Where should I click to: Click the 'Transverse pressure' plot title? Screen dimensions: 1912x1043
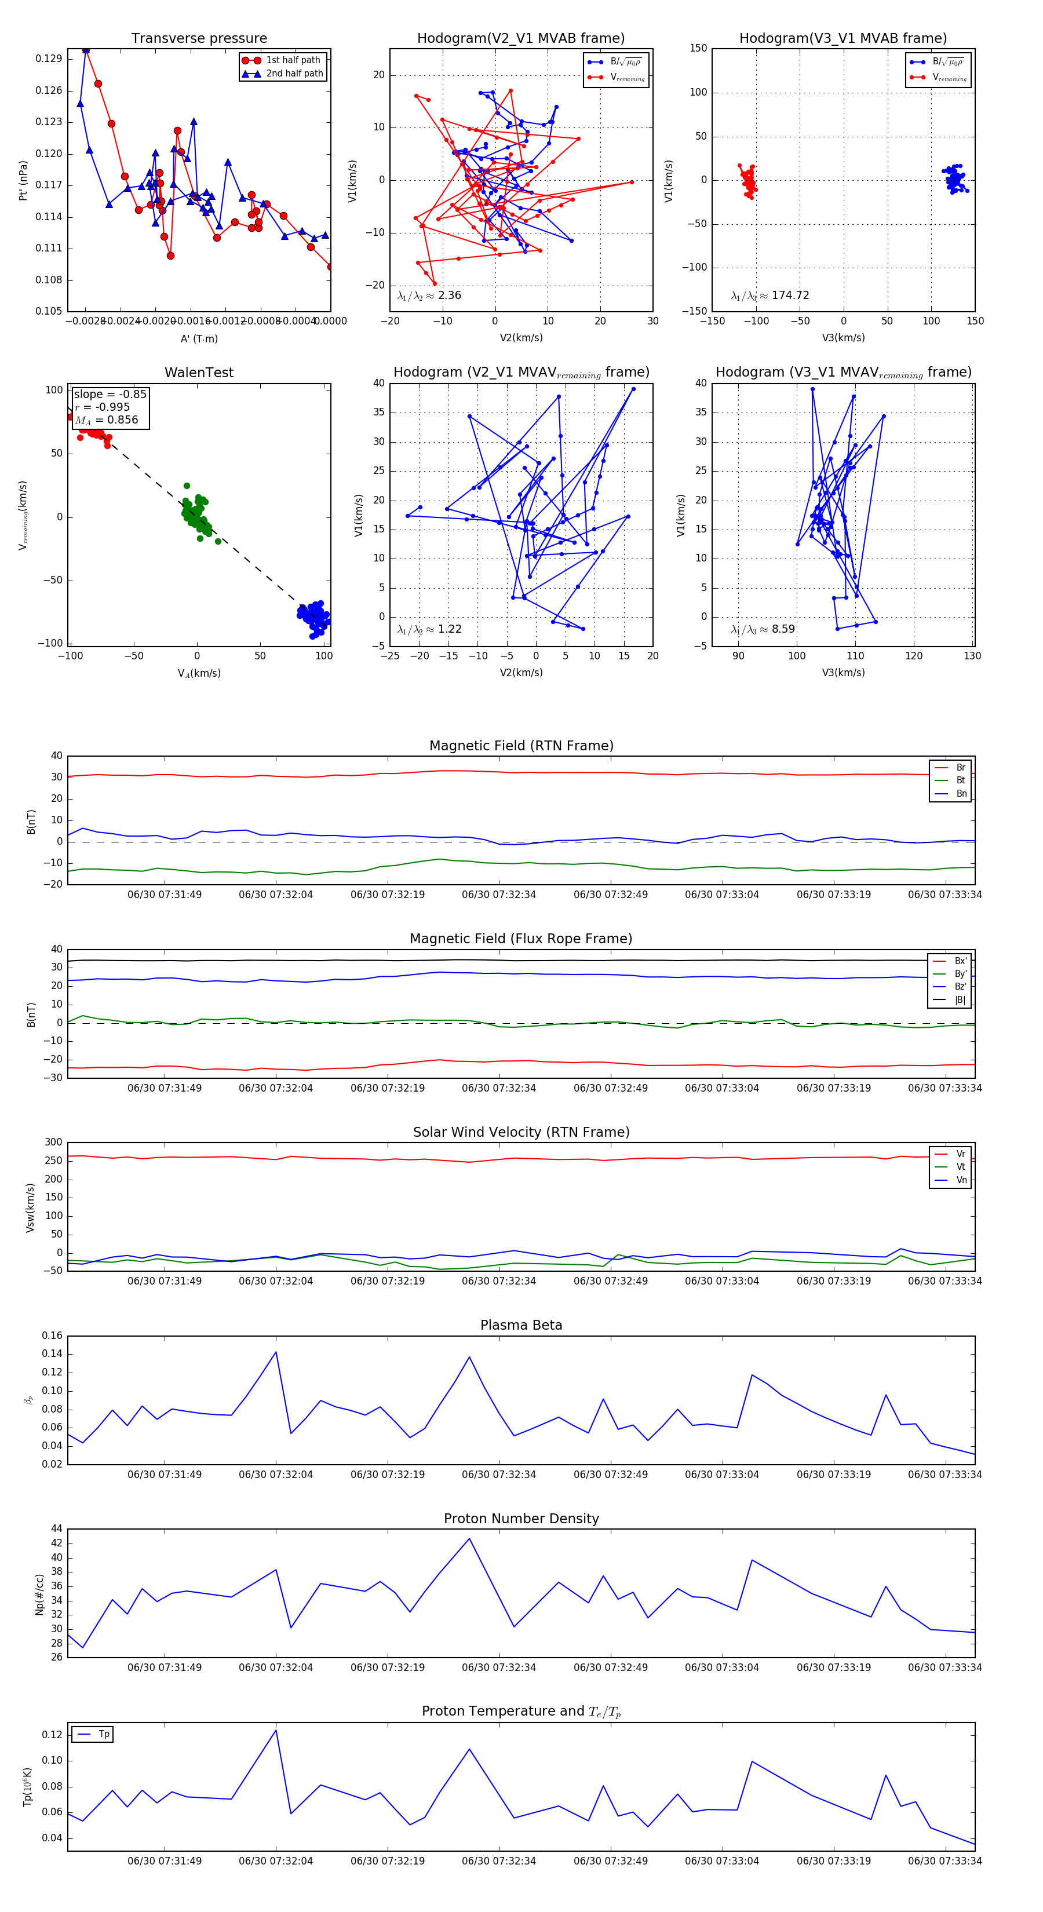(x=199, y=39)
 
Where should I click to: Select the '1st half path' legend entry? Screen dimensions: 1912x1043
(x=293, y=60)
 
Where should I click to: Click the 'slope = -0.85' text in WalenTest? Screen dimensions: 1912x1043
(x=110, y=394)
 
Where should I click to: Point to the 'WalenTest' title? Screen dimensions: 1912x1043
(x=199, y=373)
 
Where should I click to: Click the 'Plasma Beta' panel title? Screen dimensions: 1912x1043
(x=521, y=1326)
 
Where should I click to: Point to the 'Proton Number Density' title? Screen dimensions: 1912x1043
(x=521, y=1519)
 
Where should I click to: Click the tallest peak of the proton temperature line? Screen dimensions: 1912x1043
(x=276, y=1731)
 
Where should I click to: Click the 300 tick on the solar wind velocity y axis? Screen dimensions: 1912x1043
(x=53, y=1143)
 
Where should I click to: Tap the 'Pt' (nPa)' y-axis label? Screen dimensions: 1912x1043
(x=23, y=180)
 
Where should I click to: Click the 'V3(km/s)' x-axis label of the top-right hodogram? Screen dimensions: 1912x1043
(x=843, y=338)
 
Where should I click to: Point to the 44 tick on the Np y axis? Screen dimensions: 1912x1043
(x=57, y=1529)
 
